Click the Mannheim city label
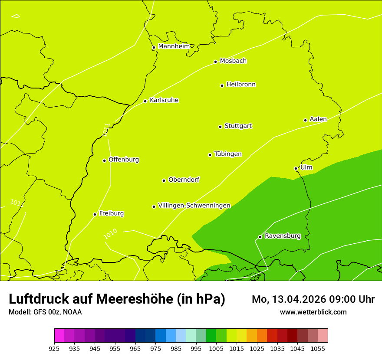(x=174, y=46)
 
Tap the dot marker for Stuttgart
(x=220, y=127)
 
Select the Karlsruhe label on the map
(x=164, y=100)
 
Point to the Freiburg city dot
(x=95, y=214)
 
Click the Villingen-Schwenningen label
(x=194, y=206)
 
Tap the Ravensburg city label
(x=282, y=236)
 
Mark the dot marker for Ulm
(x=296, y=168)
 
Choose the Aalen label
(x=318, y=119)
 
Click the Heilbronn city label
(x=241, y=85)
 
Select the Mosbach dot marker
(x=215, y=62)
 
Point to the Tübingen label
(x=227, y=154)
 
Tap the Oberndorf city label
(x=184, y=180)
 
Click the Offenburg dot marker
(x=104, y=160)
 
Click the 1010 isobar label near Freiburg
(x=110, y=234)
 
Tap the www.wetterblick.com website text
(x=313, y=312)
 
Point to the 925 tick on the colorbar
(x=54, y=348)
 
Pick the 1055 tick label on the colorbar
(x=318, y=348)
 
